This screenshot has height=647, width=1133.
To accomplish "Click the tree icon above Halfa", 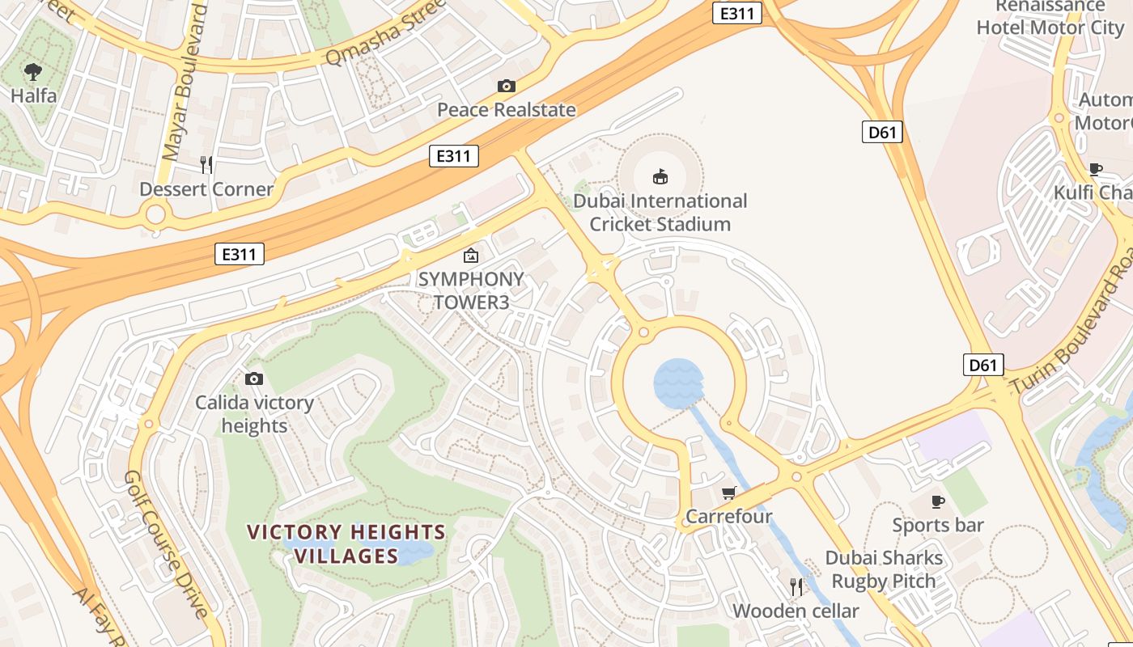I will coord(33,72).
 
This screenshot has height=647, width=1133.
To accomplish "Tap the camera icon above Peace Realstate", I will coord(507,86).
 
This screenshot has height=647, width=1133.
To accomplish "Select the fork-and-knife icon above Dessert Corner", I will coord(206,165).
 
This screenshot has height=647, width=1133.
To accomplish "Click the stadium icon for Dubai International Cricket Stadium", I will coord(660,176).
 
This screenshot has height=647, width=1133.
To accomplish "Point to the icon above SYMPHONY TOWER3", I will coord(470,256).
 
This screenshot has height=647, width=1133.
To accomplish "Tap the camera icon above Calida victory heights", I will coord(254,378).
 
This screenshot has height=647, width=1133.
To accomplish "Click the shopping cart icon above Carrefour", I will coord(729,493).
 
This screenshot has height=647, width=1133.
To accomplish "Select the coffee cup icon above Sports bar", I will coord(938,501).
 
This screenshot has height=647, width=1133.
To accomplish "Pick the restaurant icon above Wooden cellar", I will coord(796,586).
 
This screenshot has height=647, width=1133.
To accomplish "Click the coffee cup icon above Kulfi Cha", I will coord(1096,169).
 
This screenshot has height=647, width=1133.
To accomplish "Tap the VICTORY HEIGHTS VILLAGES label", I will coord(346,543).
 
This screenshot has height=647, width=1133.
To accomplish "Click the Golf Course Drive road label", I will coord(166,543).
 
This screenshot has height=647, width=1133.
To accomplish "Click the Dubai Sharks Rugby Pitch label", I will coord(884,569).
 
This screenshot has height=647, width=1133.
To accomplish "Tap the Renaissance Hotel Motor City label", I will coord(1050,17).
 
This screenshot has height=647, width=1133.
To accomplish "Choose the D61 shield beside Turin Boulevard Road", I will coord(983,365).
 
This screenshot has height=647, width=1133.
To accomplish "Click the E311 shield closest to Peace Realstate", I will coord(453,156).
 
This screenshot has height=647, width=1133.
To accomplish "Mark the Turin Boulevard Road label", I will coord(1068,332).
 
